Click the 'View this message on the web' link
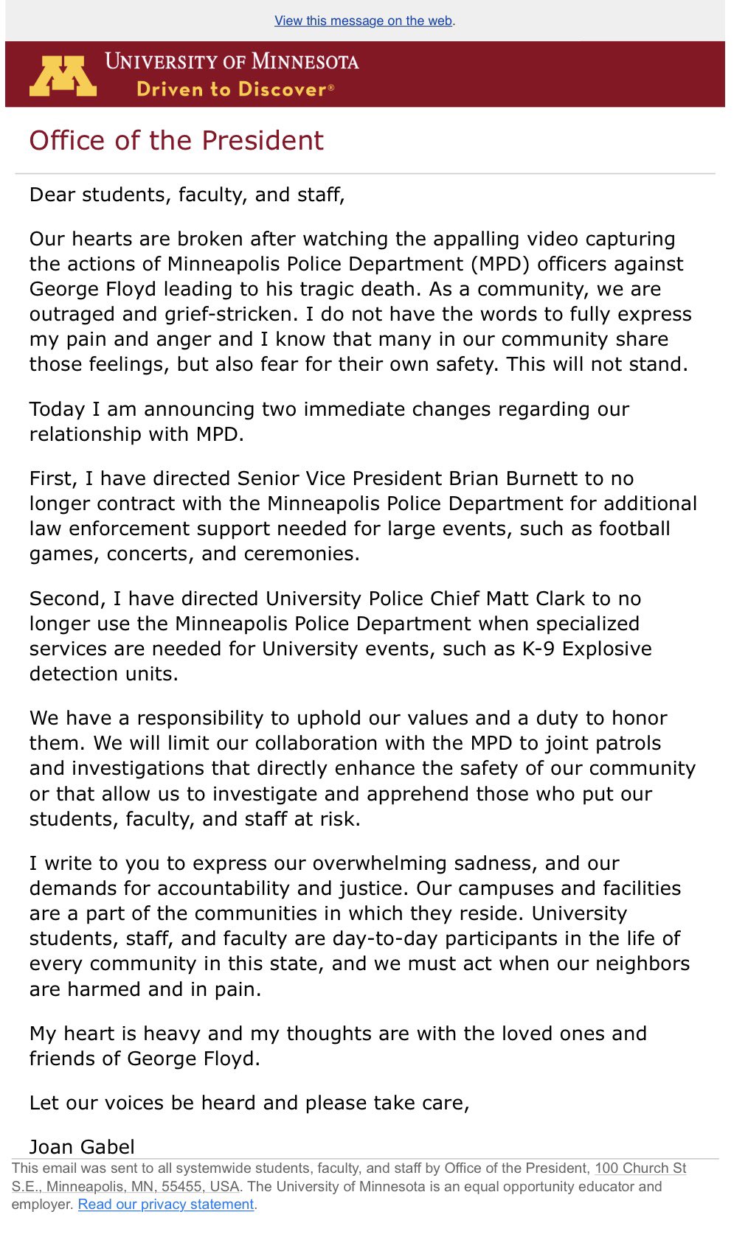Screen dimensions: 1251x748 (364, 21)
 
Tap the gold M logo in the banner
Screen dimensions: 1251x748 (63, 76)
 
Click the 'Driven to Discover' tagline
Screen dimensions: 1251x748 (235, 90)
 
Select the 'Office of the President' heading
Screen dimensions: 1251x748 (176, 140)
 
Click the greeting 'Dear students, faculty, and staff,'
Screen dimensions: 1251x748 (187, 195)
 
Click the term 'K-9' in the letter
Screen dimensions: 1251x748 (539, 649)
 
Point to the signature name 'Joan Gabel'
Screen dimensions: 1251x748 (82, 1146)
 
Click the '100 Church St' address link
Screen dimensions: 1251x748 (640, 1168)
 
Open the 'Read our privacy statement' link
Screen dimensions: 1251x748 (166, 1205)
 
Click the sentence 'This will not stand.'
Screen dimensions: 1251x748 (596, 364)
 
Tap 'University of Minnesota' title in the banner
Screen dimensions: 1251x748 (232, 61)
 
